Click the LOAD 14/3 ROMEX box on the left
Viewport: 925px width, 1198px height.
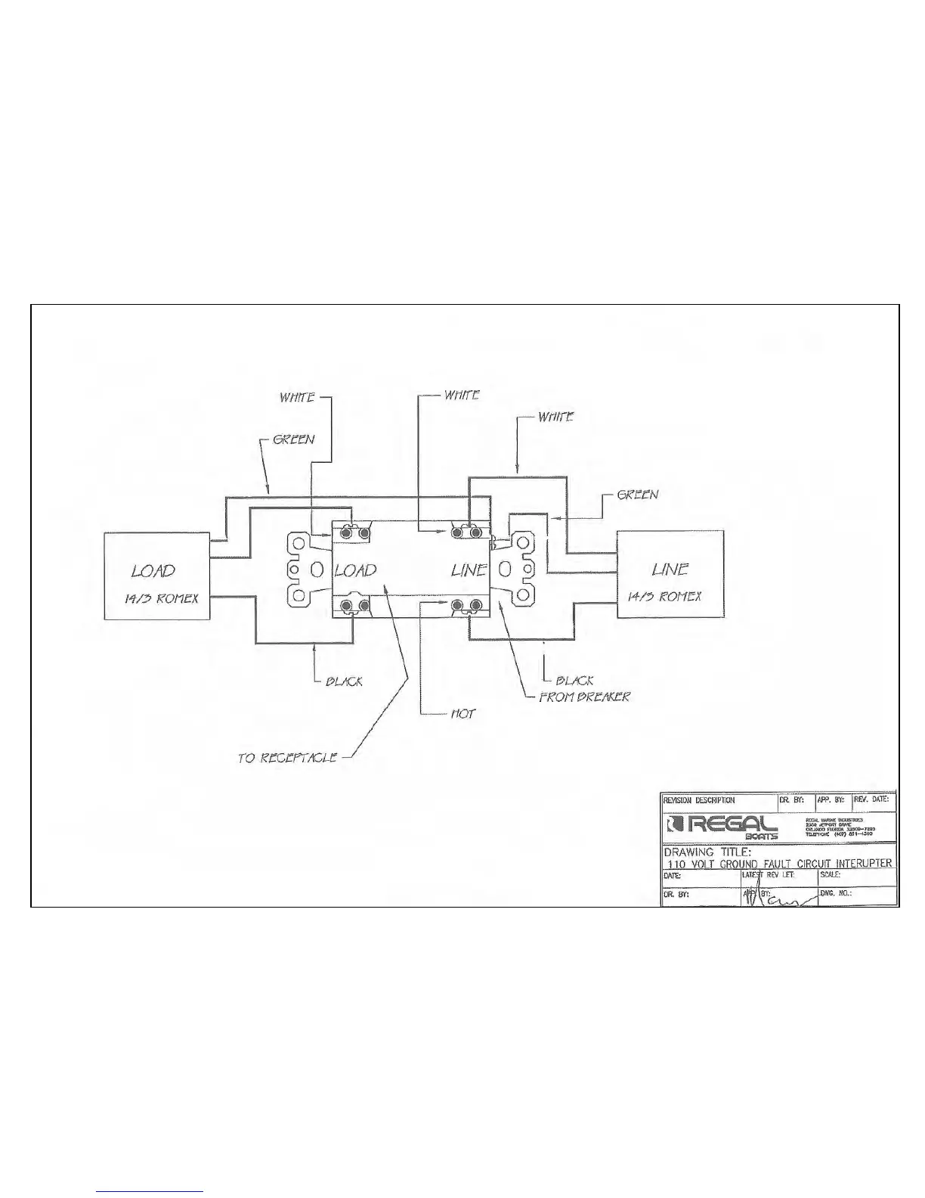pyautogui.click(x=156, y=576)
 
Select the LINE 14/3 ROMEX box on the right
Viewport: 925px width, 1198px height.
pyautogui.click(x=670, y=575)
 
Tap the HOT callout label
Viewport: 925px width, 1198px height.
pyautogui.click(x=462, y=713)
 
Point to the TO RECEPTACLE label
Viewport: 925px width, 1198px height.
pyautogui.click(x=287, y=757)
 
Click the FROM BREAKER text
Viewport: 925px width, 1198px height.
pyautogui.click(x=583, y=696)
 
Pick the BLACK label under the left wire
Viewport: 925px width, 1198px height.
pyautogui.click(x=344, y=681)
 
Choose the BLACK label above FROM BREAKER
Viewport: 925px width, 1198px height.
pyautogui.click(x=574, y=680)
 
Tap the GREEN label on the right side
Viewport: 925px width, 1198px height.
pyautogui.click(x=638, y=495)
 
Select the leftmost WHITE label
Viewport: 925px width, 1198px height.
pyautogui.click(x=297, y=397)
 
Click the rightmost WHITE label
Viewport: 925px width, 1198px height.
pyautogui.click(x=555, y=417)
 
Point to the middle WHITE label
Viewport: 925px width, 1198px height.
pyautogui.click(x=461, y=396)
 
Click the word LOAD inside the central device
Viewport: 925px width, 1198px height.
pyautogui.click(x=355, y=570)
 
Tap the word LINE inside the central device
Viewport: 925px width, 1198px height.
pyautogui.click(x=469, y=570)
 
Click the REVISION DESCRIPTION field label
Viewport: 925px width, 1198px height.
pyautogui.click(x=699, y=800)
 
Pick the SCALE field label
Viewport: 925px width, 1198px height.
pyautogui.click(x=831, y=875)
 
